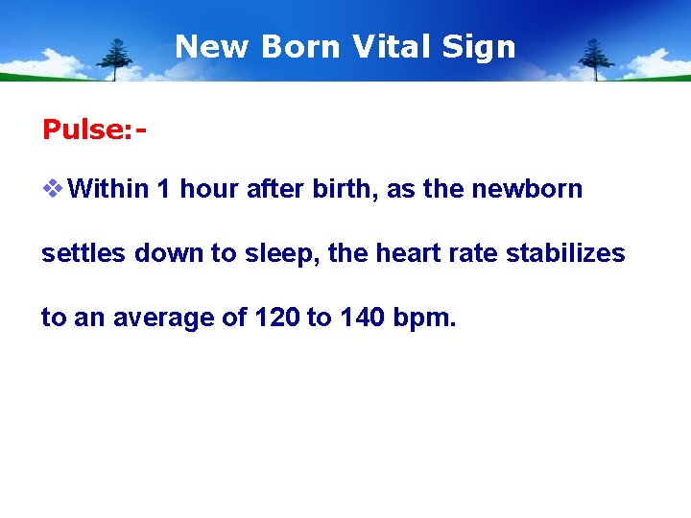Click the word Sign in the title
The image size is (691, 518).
click(485, 46)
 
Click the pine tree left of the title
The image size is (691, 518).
click(118, 59)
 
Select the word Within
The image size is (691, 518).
click(108, 189)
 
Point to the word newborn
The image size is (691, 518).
click(527, 189)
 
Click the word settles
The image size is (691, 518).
click(84, 253)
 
